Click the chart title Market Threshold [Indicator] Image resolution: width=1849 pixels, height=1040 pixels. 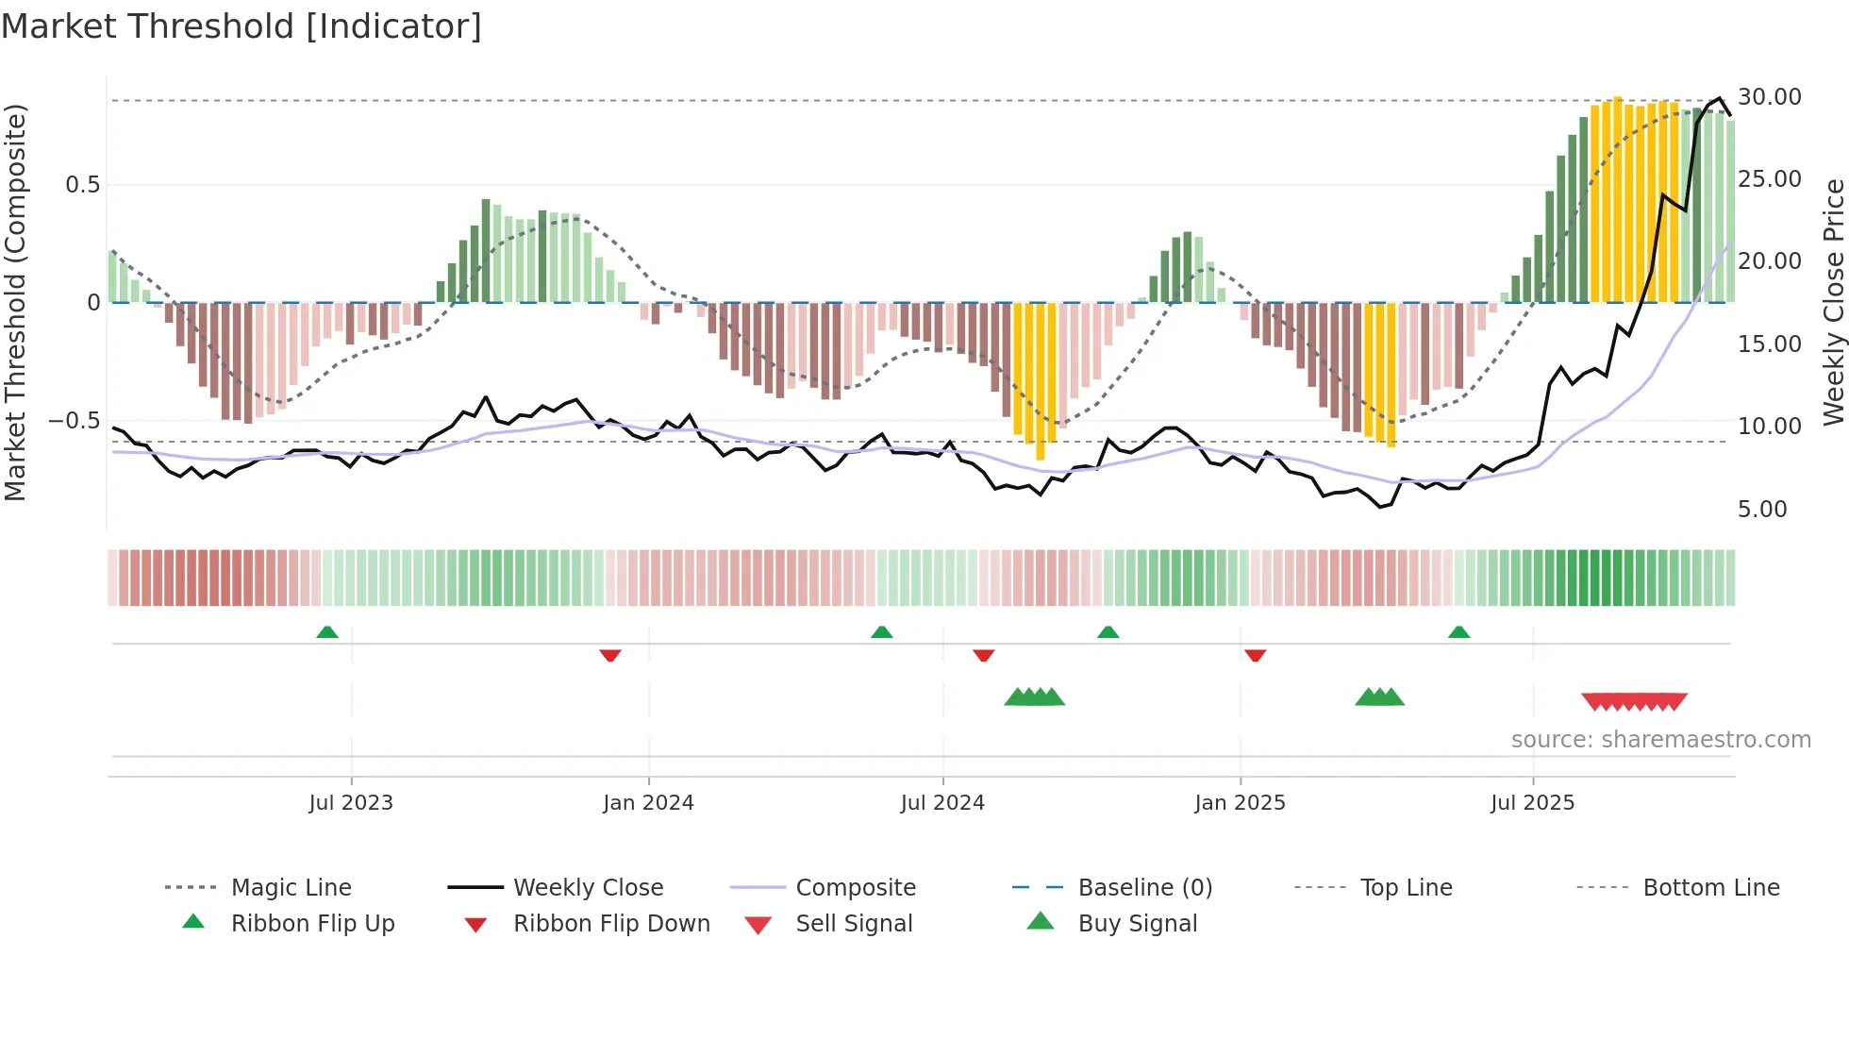coord(242,26)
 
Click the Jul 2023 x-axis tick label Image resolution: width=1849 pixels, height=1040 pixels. coord(351,802)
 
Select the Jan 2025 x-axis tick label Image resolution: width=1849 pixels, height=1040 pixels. coord(1240,802)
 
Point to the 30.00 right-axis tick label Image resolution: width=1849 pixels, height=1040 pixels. coord(1769,97)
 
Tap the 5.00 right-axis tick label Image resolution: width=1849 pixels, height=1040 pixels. coord(1761,510)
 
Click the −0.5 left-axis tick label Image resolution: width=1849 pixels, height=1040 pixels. coord(74,420)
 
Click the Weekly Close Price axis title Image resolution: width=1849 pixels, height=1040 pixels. coord(1833,302)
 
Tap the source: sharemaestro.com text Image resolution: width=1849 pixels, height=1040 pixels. coord(1660,739)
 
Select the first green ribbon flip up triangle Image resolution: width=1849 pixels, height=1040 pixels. coord(327,632)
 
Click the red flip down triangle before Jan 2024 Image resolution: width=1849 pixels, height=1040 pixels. coord(610,654)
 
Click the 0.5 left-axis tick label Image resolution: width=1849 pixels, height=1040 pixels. coord(82,184)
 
